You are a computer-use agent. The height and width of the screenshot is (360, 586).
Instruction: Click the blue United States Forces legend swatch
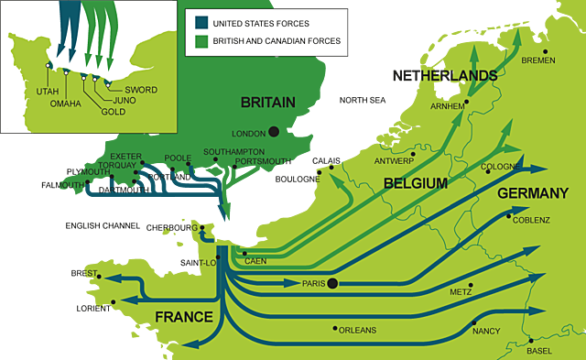201,22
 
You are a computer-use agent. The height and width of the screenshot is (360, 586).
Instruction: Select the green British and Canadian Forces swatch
201,40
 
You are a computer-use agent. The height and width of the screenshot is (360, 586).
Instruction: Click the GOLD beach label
114,111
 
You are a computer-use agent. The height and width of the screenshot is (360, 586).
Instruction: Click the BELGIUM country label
415,183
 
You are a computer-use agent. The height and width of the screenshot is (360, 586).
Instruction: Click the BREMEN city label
537,60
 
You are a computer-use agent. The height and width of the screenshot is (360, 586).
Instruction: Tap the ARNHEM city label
449,105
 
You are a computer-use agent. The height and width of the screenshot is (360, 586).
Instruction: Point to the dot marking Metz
471,284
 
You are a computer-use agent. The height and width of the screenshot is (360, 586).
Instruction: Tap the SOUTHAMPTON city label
233,151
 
